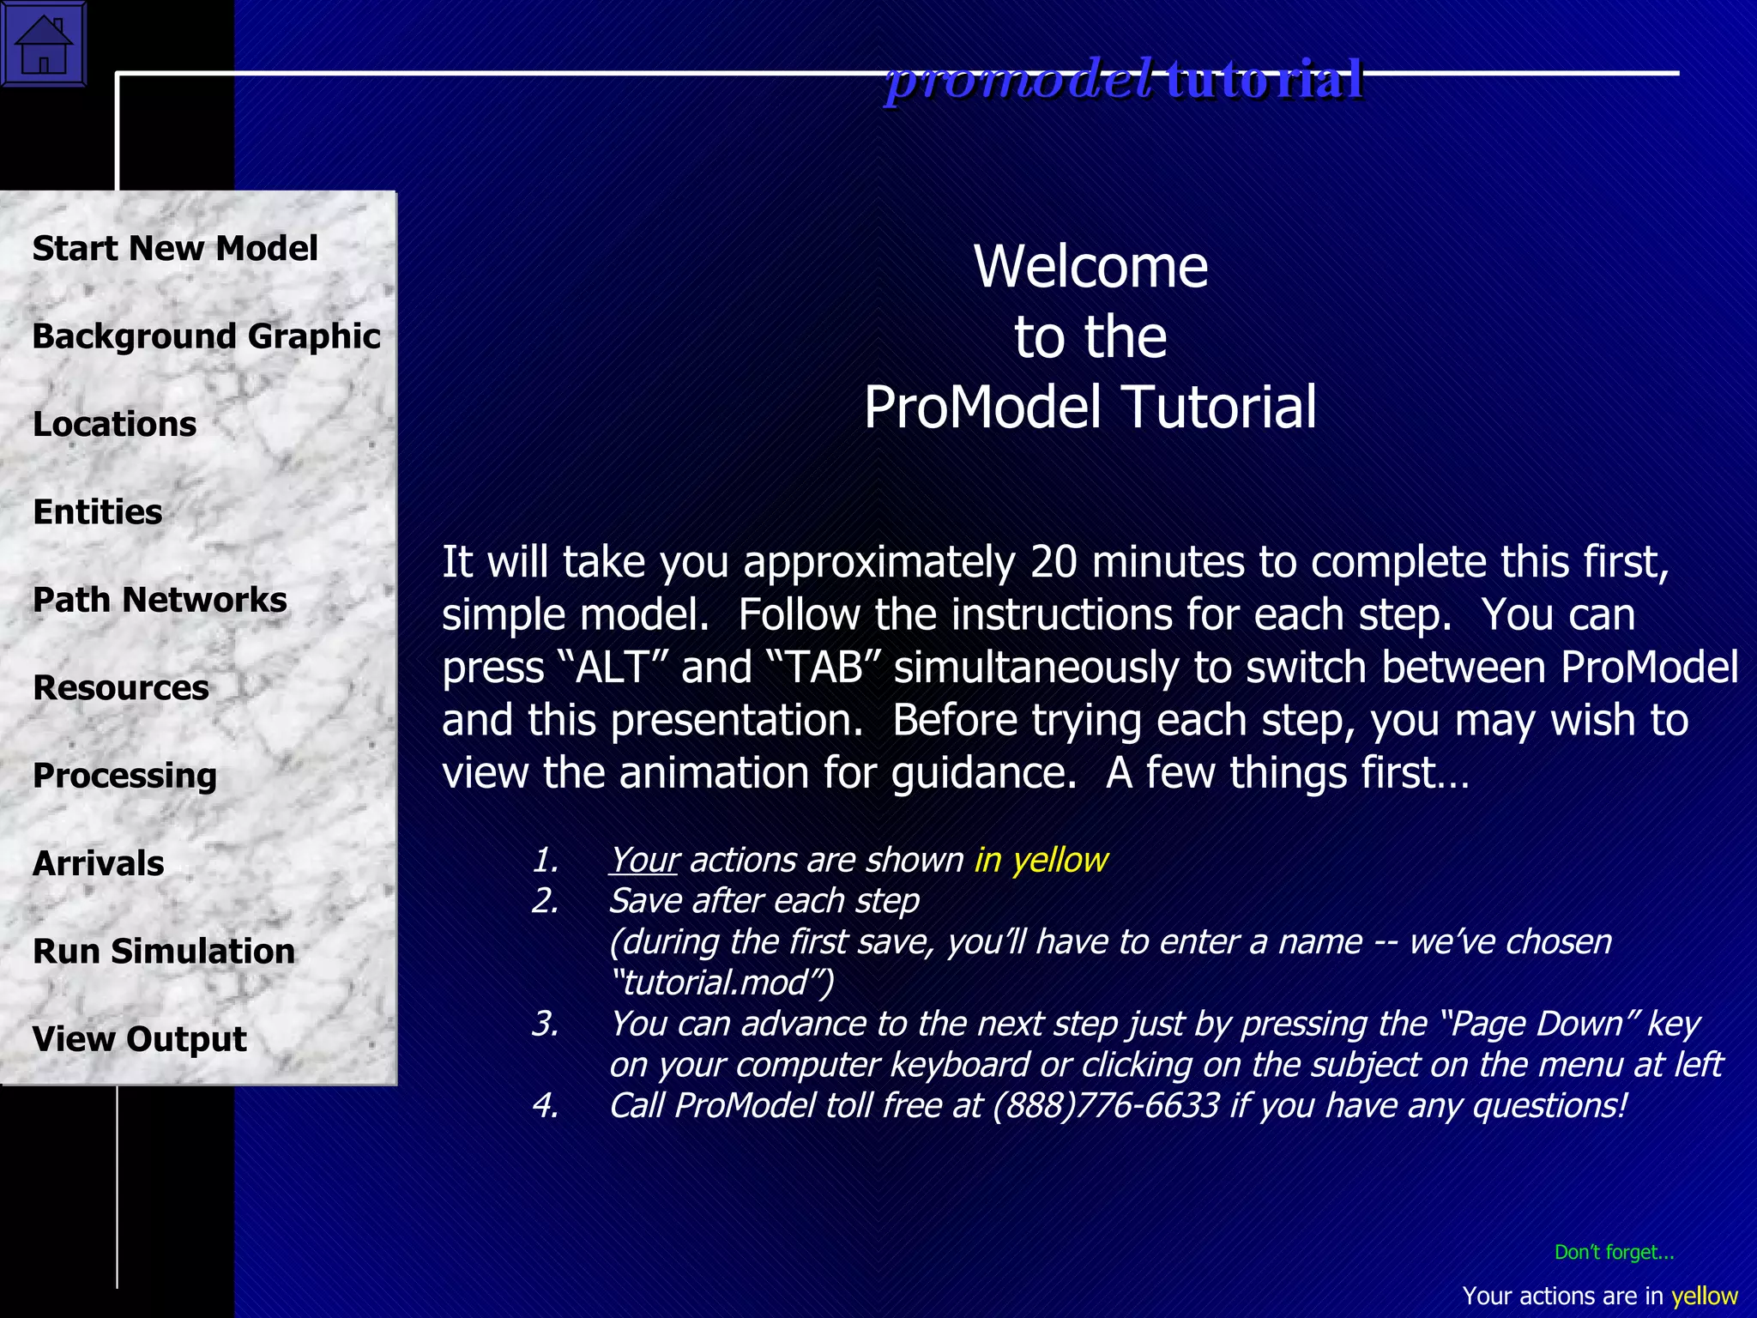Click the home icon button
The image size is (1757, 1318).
[x=43, y=44]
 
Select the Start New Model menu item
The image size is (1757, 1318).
[x=175, y=249]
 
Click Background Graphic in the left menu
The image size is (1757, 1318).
[x=206, y=336]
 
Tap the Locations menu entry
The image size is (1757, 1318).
[x=114, y=425]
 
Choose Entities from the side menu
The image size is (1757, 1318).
[x=97, y=512]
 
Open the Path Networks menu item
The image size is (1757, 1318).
[x=160, y=600]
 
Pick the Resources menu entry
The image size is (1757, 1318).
[x=120, y=688]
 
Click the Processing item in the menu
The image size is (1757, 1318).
[x=124, y=776]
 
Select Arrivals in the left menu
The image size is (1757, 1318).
[x=98, y=864]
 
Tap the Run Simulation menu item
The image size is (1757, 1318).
[x=163, y=952]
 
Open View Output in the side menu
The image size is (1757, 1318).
[x=139, y=1039]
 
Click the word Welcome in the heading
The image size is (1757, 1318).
[x=1090, y=267]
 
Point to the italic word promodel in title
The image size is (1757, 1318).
[x=1018, y=80]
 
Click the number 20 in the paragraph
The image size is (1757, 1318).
[x=1054, y=562]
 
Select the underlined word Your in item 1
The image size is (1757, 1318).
[x=644, y=860]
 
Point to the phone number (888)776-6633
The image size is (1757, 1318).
[x=1106, y=1105]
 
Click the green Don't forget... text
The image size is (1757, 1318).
[x=1614, y=1252]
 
